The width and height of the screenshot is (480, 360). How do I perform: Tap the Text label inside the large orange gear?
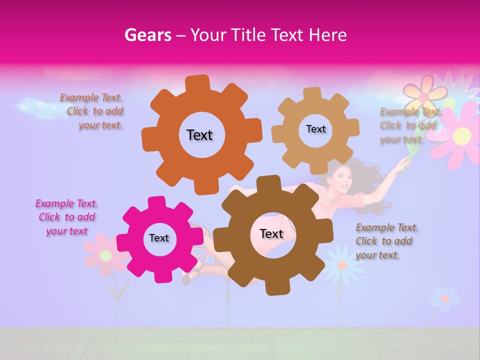tap(199, 135)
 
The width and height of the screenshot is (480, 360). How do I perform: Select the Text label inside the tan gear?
tap(315, 129)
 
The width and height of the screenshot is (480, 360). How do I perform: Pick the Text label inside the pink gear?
tap(159, 238)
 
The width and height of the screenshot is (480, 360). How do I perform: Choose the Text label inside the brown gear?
tap(271, 233)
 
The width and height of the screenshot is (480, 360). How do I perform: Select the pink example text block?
tap(66, 217)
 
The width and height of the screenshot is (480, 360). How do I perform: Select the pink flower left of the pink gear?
tap(104, 255)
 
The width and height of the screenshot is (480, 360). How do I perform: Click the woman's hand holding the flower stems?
tap(402, 165)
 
